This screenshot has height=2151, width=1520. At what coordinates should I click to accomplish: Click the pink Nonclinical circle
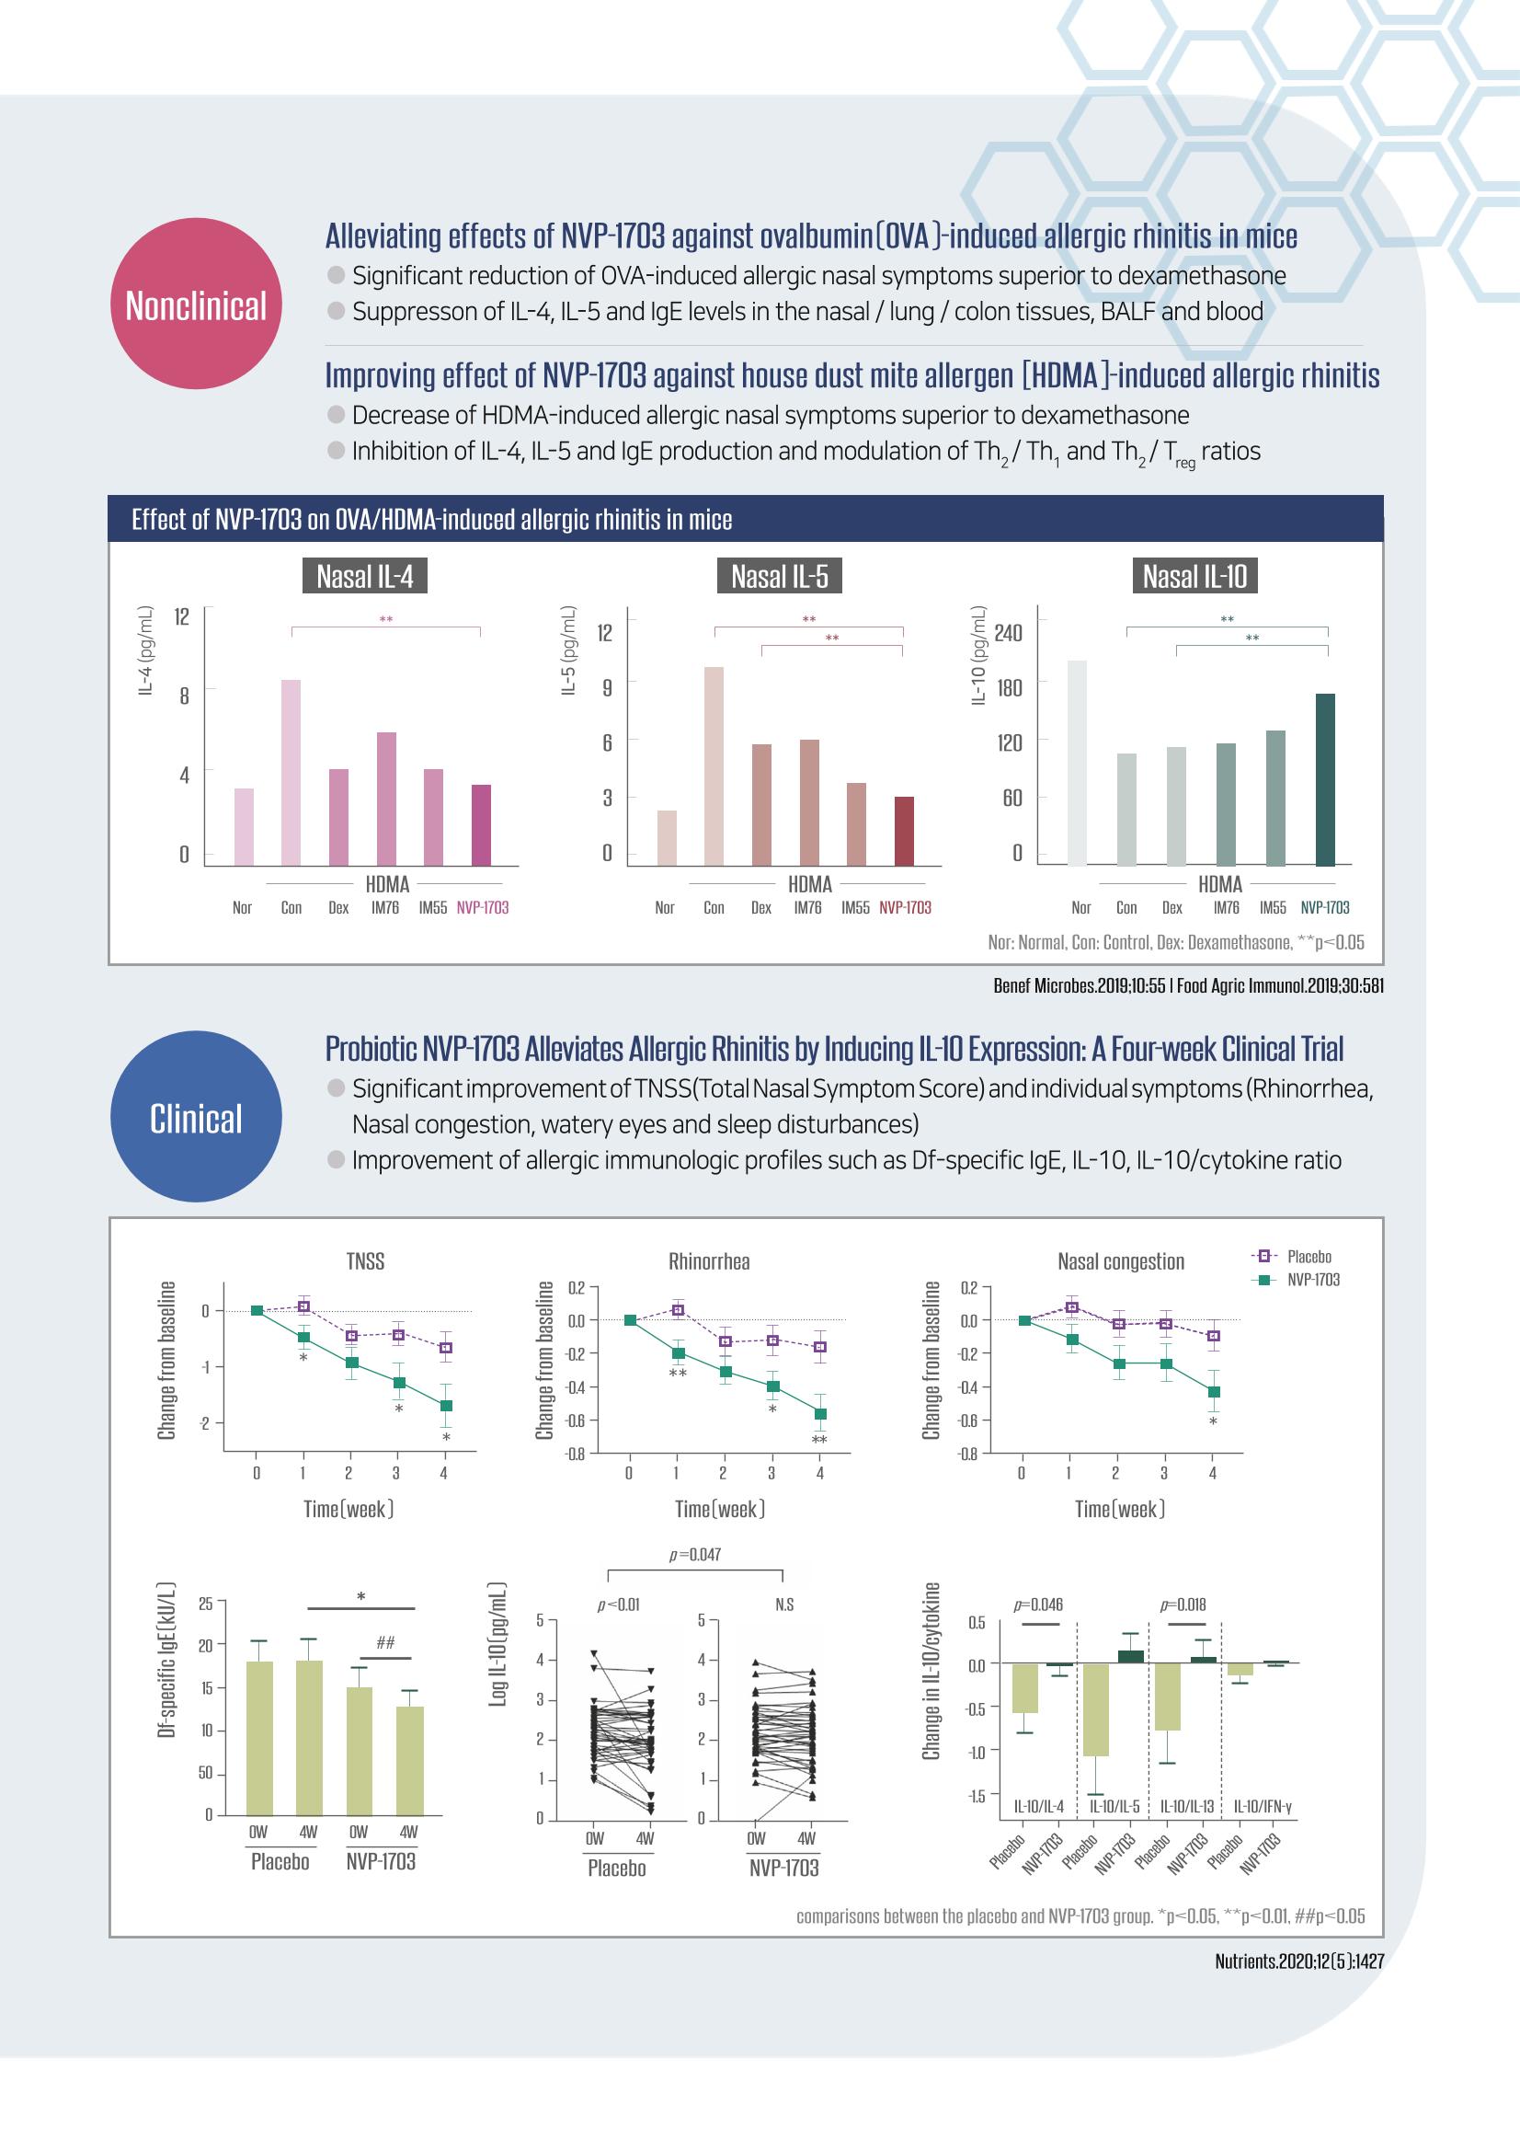click(x=196, y=304)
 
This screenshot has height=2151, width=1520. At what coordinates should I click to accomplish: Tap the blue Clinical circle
click(x=196, y=1117)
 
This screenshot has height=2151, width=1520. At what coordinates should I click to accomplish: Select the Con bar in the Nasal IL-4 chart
click(x=291, y=772)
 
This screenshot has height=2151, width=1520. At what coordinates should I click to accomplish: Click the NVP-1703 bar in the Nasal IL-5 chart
click(x=904, y=831)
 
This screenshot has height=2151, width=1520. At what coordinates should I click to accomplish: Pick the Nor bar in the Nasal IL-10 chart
click(x=1077, y=764)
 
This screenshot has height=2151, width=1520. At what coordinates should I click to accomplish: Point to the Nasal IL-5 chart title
click(x=779, y=576)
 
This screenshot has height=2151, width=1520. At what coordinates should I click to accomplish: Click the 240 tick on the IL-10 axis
click(x=1009, y=632)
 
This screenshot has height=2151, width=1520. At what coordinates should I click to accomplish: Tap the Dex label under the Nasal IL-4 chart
click(x=338, y=908)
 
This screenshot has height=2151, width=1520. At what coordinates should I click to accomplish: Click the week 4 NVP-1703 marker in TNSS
click(x=447, y=1405)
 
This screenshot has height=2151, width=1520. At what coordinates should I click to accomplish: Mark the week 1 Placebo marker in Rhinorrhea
click(x=678, y=1310)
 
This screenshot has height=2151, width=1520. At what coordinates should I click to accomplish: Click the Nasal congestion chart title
click(x=1121, y=1261)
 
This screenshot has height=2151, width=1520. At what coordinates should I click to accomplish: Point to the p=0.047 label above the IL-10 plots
click(x=695, y=1554)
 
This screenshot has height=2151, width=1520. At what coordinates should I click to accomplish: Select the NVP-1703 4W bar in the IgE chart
click(x=410, y=1761)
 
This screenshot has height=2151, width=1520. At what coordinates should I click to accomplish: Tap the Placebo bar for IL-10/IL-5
click(x=1096, y=1709)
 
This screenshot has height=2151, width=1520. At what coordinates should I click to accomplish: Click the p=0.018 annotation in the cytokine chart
click(x=1183, y=1604)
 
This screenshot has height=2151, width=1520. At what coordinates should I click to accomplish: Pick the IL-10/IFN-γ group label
click(x=1263, y=1805)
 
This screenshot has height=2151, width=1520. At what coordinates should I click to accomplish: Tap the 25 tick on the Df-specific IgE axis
click(x=206, y=1604)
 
